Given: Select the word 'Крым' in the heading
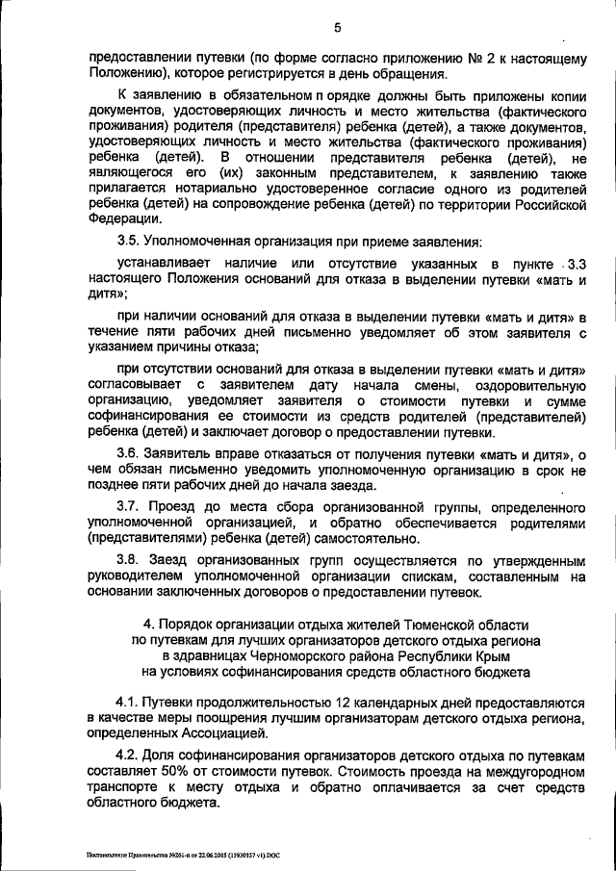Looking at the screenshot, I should (478, 654).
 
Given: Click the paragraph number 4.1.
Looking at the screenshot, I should (127, 704).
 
